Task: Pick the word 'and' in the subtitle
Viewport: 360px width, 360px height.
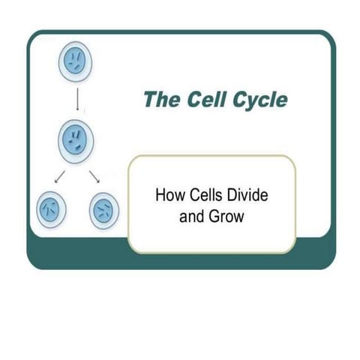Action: pos(192,218)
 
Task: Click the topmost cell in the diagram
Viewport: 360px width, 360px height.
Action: pos(75,62)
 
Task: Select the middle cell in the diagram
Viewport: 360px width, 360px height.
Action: pos(75,139)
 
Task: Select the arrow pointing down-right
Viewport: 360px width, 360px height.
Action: pos(94,177)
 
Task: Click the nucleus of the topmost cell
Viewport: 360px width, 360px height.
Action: pos(75,62)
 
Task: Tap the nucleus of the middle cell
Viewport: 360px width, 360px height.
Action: pos(75,139)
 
